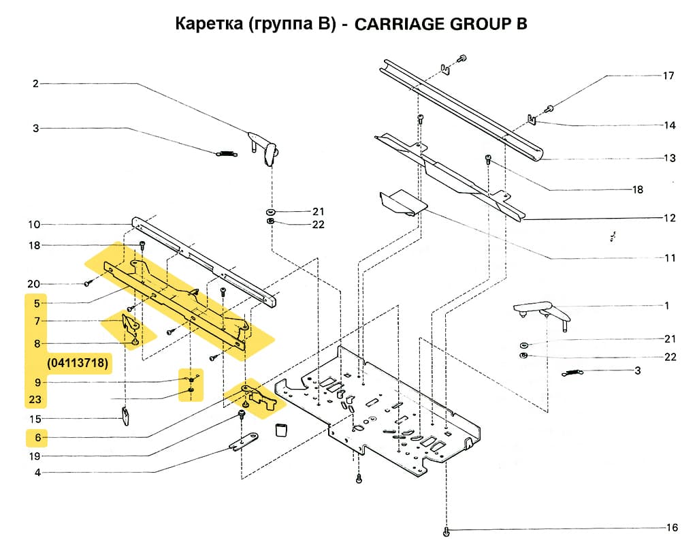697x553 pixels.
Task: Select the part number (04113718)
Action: pos(78,363)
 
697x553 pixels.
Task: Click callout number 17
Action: pos(668,76)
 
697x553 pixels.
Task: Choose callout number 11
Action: pos(670,258)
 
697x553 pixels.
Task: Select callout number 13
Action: pos(670,159)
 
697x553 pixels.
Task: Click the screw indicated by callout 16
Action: pos(446,530)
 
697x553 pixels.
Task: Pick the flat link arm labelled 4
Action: pos(243,442)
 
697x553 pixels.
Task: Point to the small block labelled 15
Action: pos(125,415)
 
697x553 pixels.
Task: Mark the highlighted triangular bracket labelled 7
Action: pos(129,326)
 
